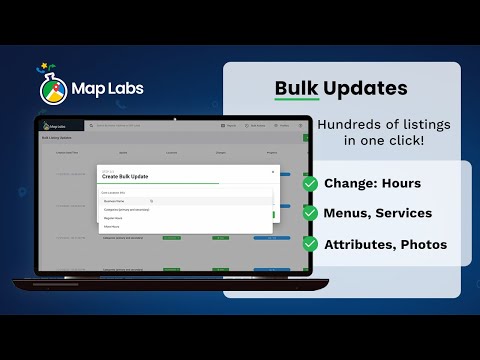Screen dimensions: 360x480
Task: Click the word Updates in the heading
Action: pyautogui.click(x=366, y=88)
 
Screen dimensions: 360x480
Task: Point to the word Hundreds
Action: pyautogui.click(x=349, y=124)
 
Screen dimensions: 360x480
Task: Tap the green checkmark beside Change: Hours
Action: pyautogui.click(x=311, y=184)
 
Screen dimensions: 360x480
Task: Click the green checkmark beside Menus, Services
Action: pyautogui.click(x=311, y=213)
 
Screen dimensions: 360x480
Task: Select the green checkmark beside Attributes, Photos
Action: pyautogui.click(x=311, y=243)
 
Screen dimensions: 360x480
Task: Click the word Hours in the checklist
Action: pyautogui.click(x=401, y=184)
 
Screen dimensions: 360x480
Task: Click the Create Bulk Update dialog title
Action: pyautogui.click(x=127, y=177)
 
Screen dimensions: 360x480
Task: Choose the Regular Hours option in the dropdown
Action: pyautogui.click(x=116, y=217)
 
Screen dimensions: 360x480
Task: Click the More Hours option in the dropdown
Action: pyautogui.click(x=114, y=226)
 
